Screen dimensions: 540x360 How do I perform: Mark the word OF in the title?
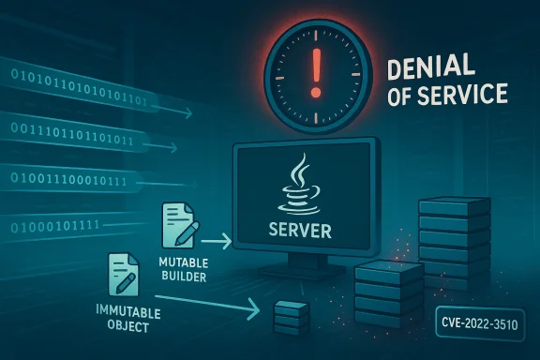pyautogui.click(x=405, y=94)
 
